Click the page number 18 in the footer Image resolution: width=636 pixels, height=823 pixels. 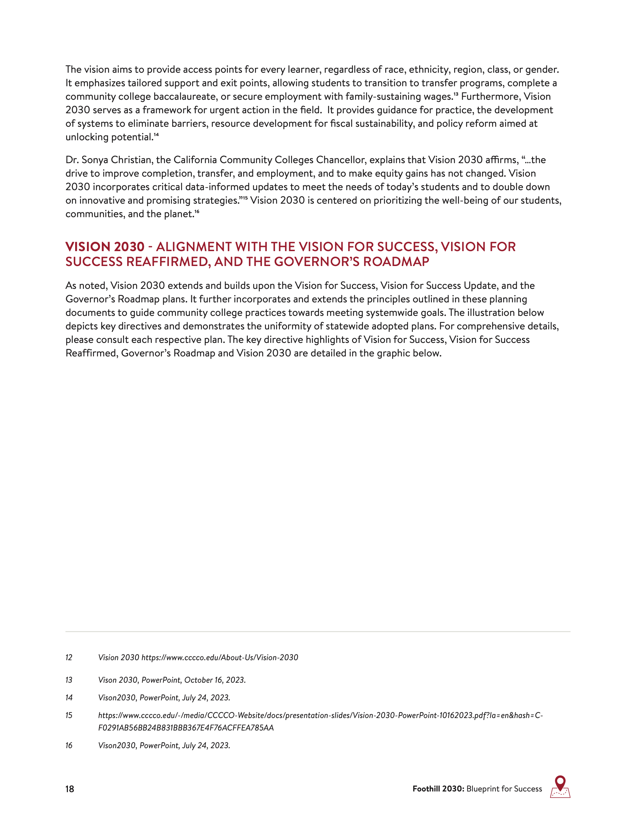click(x=70, y=789)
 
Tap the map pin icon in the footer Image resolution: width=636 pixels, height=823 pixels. click(x=560, y=786)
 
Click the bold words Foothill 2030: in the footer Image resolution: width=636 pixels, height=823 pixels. click(x=438, y=789)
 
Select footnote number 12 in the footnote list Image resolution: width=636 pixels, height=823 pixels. click(x=69, y=657)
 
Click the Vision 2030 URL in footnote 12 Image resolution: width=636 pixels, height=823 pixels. click(x=220, y=657)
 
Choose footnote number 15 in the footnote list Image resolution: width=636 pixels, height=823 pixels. click(x=69, y=715)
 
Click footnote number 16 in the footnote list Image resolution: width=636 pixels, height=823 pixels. click(x=69, y=745)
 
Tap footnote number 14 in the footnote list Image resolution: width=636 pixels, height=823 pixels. click(x=69, y=698)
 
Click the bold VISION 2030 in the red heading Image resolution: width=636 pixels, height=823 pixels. click(x=105, y=247)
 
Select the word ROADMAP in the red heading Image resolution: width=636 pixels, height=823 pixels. click(x=396, y=262)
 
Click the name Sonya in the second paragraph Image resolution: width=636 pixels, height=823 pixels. click(x=95, y=160)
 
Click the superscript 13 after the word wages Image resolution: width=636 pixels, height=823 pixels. click(x=456, y=94)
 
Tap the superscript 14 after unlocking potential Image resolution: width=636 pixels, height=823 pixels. click(x=156, y=134)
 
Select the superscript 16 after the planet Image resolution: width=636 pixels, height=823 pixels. click(x=197, y=211)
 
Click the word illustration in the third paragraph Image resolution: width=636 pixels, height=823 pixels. click(x=494, y=313)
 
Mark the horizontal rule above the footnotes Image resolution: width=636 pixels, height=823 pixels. click(x=318, y=631)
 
